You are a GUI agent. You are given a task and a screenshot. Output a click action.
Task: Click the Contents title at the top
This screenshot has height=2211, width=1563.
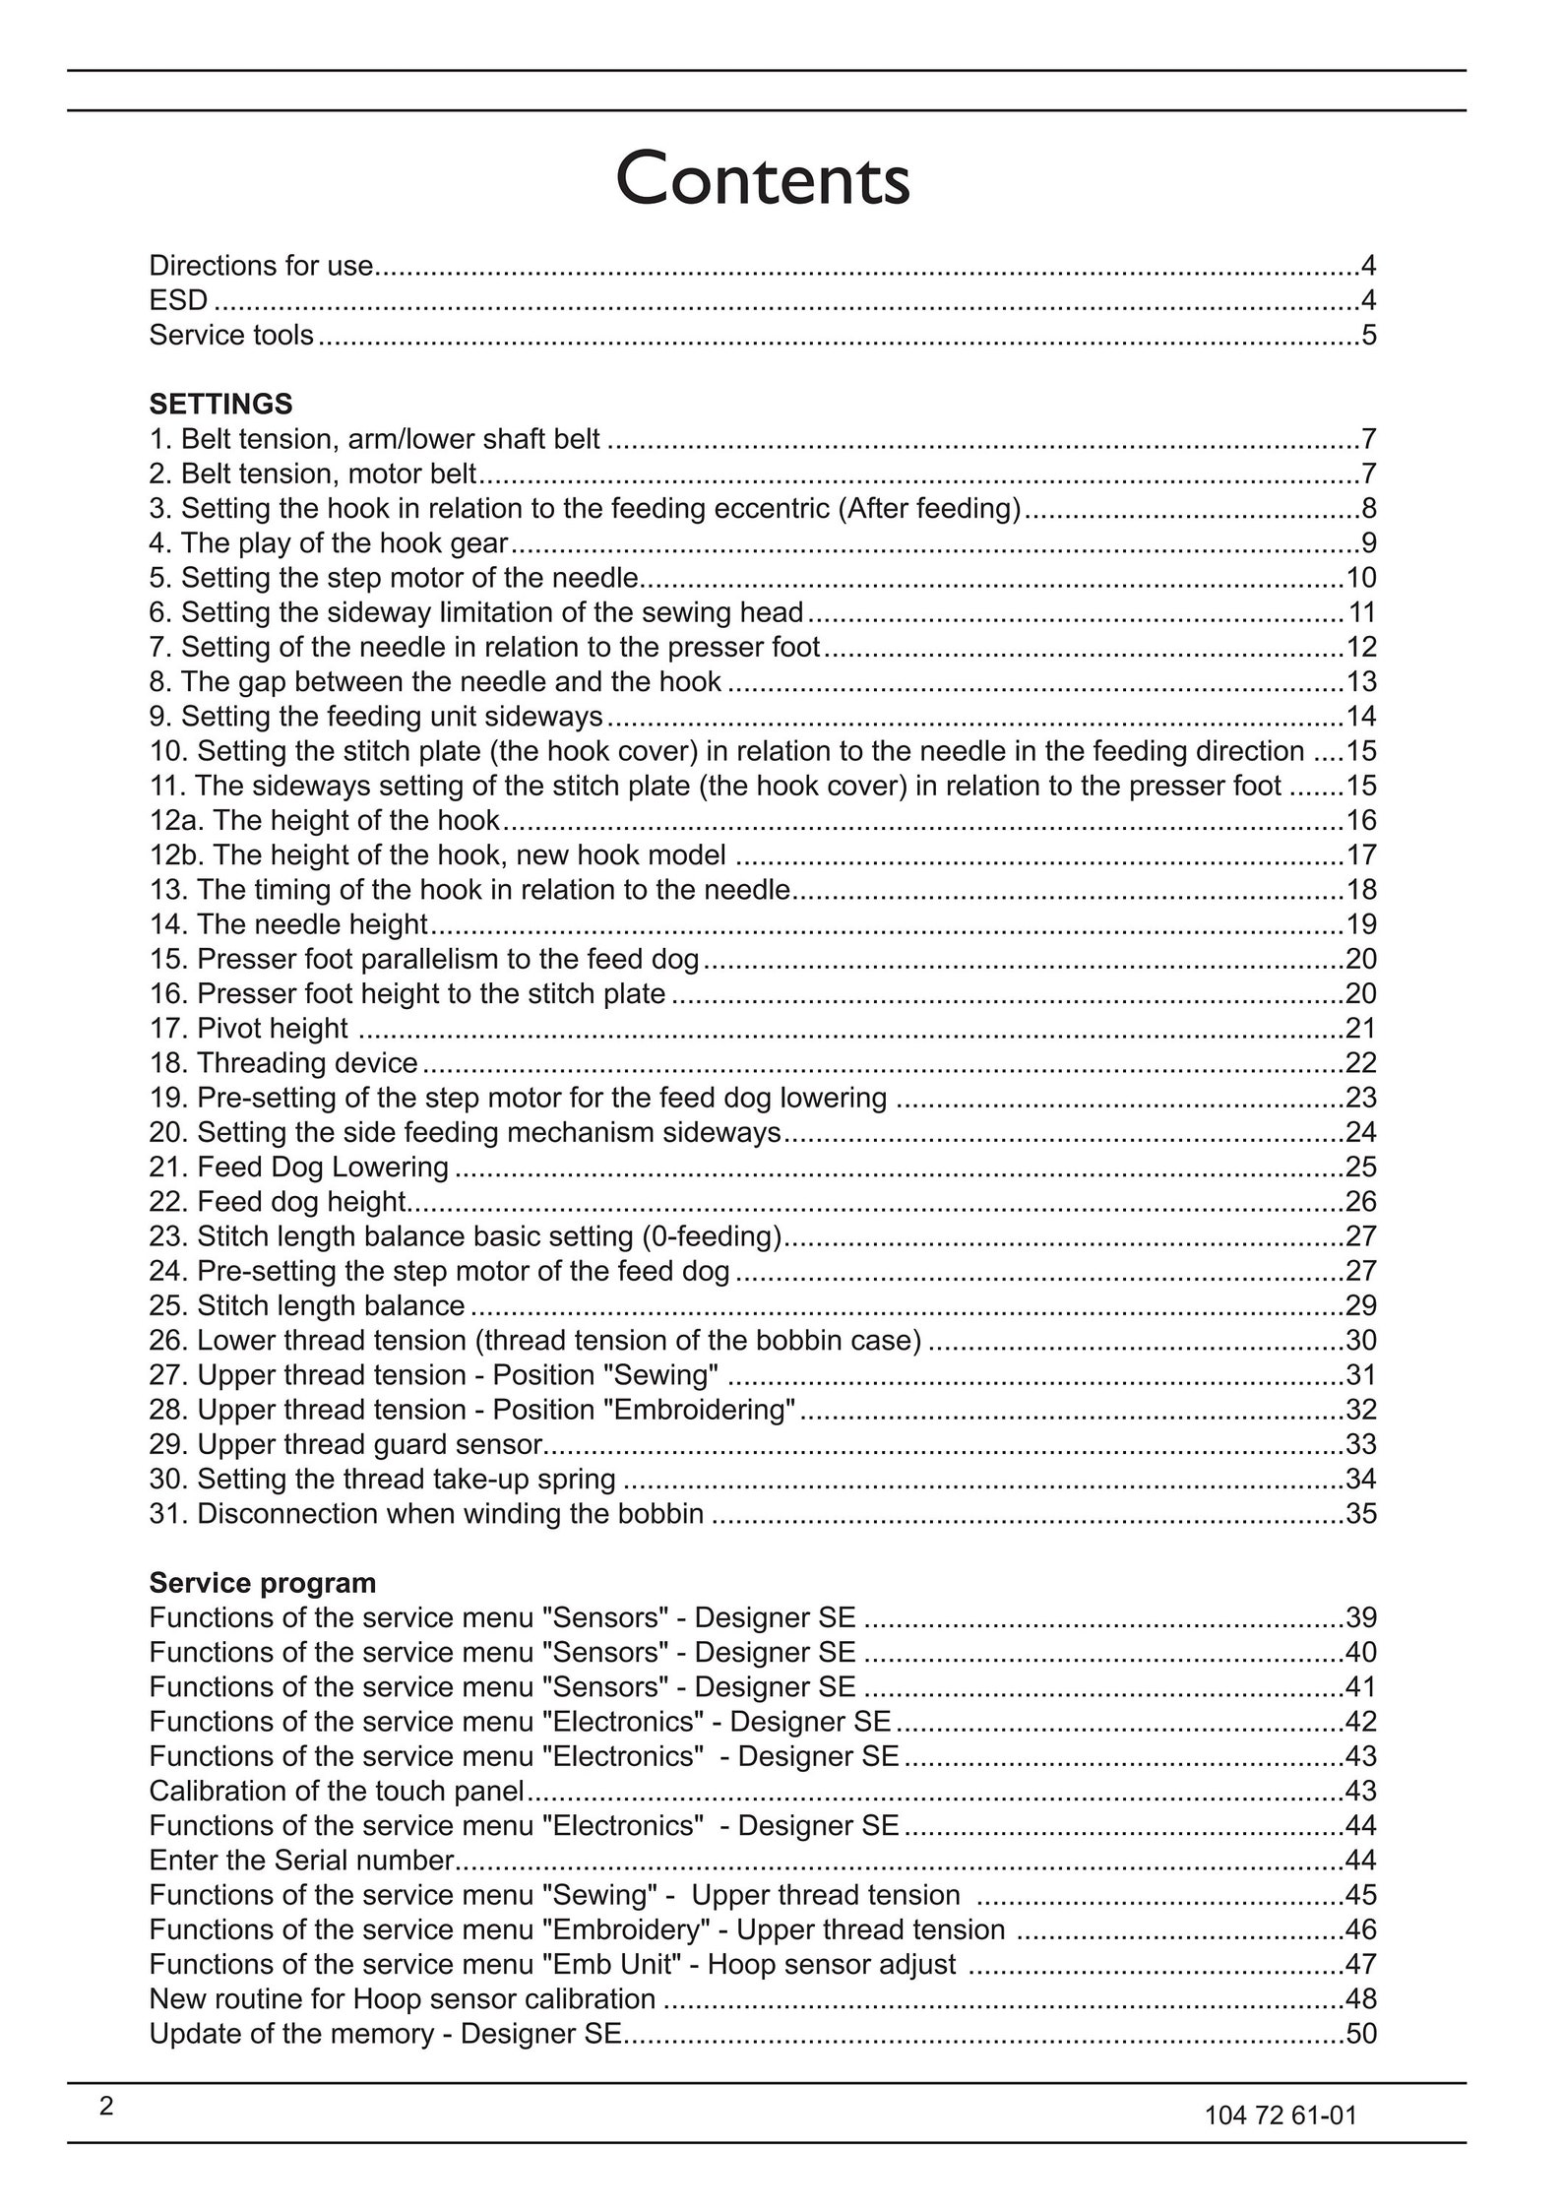point(763,179)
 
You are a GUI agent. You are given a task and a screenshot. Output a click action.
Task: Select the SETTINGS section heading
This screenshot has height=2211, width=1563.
point(220,405)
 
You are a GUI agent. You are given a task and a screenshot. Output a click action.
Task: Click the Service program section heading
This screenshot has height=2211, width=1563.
point(262,1583)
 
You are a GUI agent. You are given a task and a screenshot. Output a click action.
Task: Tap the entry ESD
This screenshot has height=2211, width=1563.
point(178,300)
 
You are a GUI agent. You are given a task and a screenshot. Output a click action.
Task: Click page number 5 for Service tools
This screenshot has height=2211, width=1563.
point(1368,336)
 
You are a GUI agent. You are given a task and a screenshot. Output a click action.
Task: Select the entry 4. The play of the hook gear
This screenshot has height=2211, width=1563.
point(329,543)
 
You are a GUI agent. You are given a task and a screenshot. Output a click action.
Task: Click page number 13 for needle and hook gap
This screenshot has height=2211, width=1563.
point(1360,682)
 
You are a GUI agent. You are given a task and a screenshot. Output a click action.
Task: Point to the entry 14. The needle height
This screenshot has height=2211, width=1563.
point(288,924)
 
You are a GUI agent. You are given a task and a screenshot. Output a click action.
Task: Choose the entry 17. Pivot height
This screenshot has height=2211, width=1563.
point(248,1029)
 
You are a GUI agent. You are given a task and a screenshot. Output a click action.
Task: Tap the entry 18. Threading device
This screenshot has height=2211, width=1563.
point(283,1063)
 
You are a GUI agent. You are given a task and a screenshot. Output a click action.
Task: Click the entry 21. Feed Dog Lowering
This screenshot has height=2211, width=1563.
point(298,1168)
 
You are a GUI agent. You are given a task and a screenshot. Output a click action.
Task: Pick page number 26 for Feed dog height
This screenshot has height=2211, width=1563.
point(1360,1202)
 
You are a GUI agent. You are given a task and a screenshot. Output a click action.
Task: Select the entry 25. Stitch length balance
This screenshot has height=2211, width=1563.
point(307,1306)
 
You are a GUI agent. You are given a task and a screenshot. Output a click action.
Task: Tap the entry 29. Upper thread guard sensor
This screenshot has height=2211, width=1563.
point(346,1444)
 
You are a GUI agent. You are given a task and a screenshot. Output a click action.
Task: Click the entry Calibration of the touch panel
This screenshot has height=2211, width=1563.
point(337,1791)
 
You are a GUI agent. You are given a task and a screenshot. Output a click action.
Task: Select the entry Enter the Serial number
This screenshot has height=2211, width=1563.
point(301,1861)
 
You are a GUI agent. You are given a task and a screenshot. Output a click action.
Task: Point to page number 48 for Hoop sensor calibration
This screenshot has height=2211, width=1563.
point(1360,1999)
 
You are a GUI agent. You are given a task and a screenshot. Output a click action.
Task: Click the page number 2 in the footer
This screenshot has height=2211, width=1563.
point(106,2107)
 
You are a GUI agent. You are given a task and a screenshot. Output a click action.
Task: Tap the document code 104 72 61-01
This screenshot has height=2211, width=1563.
point(1280,2116)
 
